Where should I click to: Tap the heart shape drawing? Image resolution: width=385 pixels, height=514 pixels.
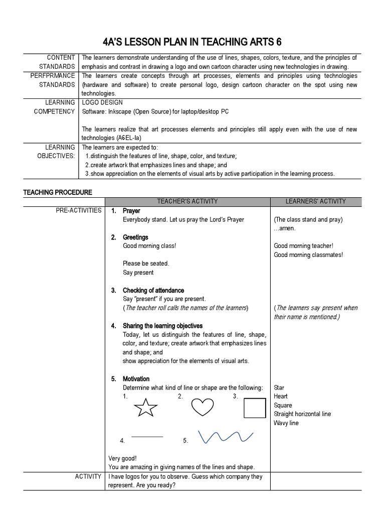pos(203,407)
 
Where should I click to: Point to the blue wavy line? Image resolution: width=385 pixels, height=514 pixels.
pos(225,437)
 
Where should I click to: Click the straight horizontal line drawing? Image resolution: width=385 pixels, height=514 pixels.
pos(147,437)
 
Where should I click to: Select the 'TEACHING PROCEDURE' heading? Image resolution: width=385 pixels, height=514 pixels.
pos(58,192)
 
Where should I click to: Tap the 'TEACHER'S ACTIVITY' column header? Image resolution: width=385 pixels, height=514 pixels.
pos(187,201)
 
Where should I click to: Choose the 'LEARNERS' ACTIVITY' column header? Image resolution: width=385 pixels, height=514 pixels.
pos(315,201)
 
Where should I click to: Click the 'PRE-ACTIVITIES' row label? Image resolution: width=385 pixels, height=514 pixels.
pos(78,210)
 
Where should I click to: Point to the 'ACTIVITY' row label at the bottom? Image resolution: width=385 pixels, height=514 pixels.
pos(88,476)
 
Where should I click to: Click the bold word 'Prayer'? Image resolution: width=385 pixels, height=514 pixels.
pos(131,211)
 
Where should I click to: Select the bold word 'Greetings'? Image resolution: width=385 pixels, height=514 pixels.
pos(135,237)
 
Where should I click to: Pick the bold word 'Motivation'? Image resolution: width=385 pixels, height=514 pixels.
pos(136,379)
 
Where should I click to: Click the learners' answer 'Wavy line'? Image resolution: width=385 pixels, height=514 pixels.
pos(286,423)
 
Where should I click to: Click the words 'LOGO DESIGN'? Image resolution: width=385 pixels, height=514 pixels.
pos(102,102)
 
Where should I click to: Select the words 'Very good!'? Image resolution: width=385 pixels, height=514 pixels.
pos(123,458)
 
